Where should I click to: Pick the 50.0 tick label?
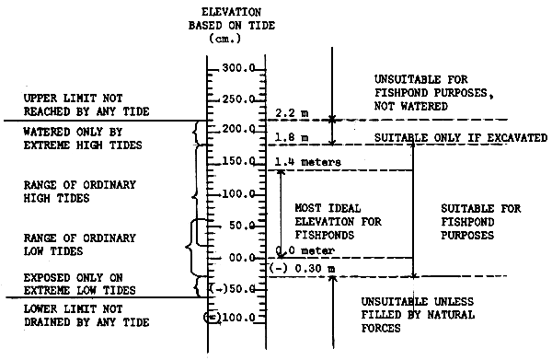coord(245,226)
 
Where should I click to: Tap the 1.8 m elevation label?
coord(289,137)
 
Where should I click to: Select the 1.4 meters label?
coord(308,162)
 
